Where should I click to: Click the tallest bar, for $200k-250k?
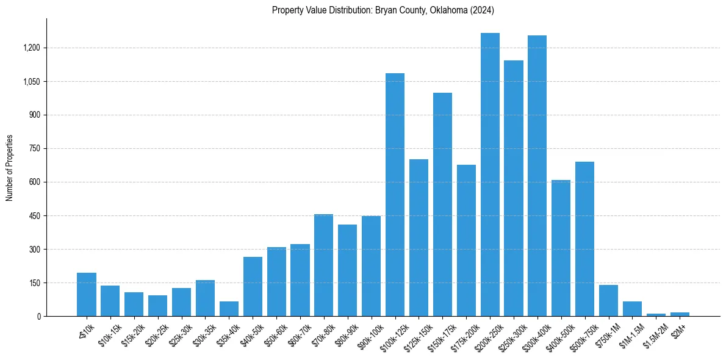pos(490,175)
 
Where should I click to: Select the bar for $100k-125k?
pos(395,195)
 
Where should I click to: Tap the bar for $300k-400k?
pos(537,176)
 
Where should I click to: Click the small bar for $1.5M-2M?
pos(656,315)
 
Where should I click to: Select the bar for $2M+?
pos(680,314)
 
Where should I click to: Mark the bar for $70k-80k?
pos(323,265)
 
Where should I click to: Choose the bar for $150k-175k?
pos(442,204)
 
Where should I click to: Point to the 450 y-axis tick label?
pos(34,216)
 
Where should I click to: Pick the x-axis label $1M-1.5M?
pos(630,334)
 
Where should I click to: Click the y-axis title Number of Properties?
pos(10,168)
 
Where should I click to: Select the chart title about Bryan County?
pos(383,10)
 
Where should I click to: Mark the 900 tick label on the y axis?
pos(34,115)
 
